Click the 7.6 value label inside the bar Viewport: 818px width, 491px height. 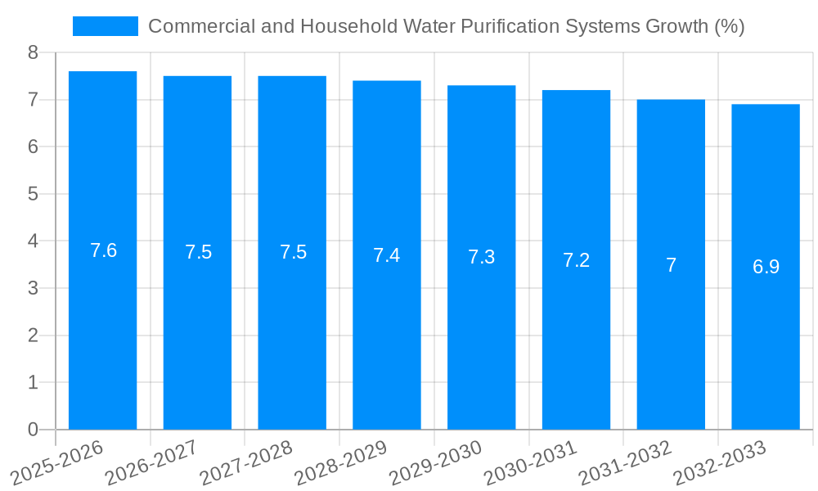click(103, 250)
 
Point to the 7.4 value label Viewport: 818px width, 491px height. click(386, 255)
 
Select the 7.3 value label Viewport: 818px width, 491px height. click(481, 257)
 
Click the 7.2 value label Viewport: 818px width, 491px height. click(576, 260)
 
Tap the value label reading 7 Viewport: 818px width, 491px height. click(671, 265)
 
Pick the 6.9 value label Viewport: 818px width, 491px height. click(766, 267)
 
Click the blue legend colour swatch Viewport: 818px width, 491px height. click(105, 26)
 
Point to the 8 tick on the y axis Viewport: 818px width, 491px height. click(33, 52)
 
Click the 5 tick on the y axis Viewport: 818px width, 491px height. click(33, 194)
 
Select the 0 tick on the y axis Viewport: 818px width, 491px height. click(33, 430)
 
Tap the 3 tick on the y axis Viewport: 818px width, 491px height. click(33, 288)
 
